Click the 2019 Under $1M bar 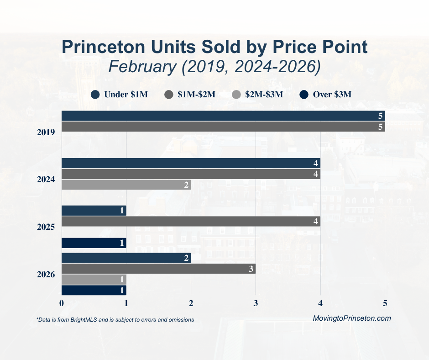[x=223, y=116]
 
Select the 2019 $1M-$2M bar [x=223, y=127]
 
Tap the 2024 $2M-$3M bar [x=126, y=185]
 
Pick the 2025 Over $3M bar [x=94, y=243]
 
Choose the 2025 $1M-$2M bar [x=191, y=222]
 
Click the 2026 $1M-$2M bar [x=158, y=269]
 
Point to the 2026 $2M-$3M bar [x=94, y=280]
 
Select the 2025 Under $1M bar [x=94, y=211]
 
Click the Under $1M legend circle [x=95, y=95]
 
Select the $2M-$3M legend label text [x=264, y=95]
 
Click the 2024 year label [x=46, y=180]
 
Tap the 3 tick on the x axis [x=256, y=303]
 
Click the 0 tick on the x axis [x=62, y=303]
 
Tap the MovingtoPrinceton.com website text [x=352, y=318]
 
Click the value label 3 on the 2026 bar [x=251, y=269]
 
